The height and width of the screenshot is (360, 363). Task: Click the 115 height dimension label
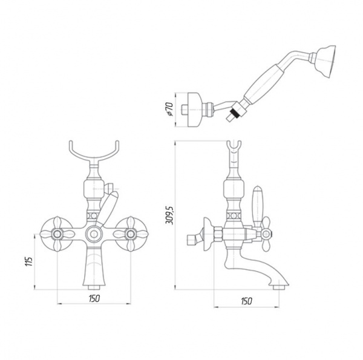29,261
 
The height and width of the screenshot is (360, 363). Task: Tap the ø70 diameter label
169,109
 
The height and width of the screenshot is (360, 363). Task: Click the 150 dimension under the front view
94,298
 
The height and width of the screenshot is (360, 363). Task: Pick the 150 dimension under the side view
246,301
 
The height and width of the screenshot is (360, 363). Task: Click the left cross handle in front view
57,234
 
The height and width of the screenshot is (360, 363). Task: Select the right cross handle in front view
130,234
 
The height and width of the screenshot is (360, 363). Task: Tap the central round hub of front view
94,234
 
